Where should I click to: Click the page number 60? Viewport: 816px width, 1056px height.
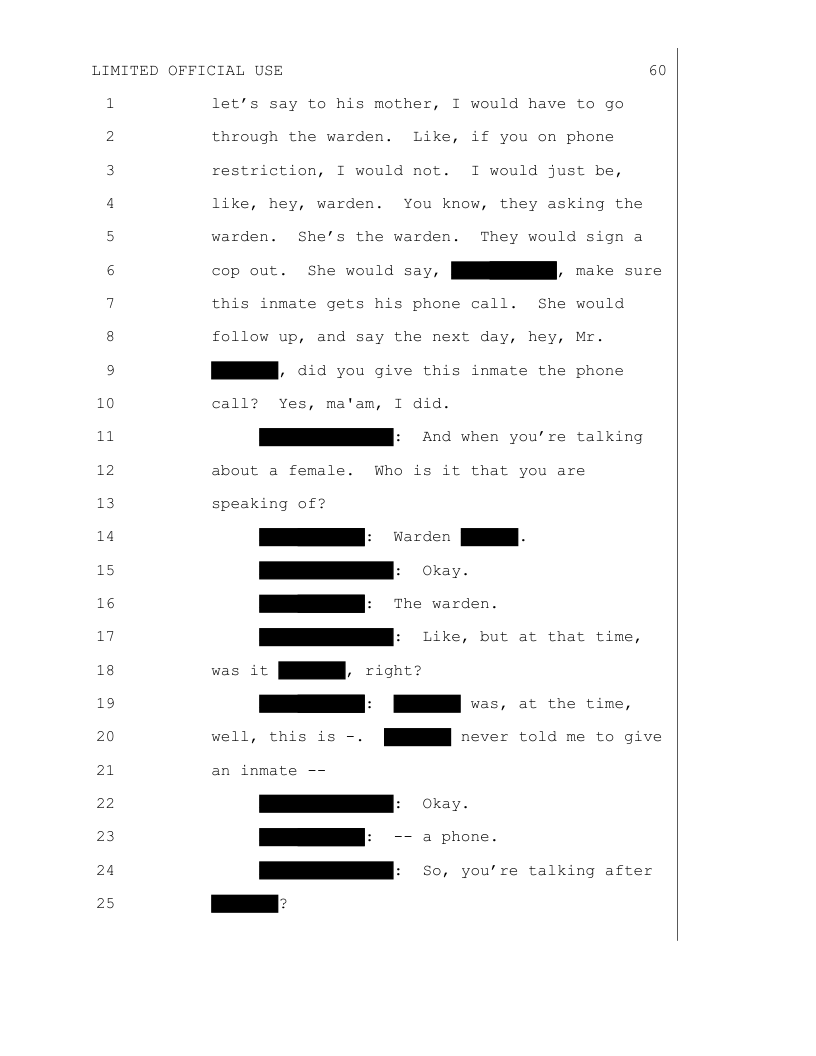(x=657, y=70)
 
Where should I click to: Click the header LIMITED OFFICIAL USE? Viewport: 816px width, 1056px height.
(x=187, y=70)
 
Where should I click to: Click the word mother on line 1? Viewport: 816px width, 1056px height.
(x=380, y=104)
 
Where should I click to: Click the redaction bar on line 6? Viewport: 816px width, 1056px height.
(x=504, y=270)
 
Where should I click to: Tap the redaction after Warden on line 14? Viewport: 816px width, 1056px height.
(x=489, y=537)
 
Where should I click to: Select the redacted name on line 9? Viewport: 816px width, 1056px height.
(x=244, y=371)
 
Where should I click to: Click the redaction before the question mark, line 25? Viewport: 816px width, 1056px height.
(x=244, y=904)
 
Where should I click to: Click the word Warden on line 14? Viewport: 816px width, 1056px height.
(x=422, y=537)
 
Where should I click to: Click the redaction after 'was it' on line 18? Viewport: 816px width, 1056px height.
(x=312, y=670)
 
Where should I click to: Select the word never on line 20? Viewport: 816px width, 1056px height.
(x=484, y=737)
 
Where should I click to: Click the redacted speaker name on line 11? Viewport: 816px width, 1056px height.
(x=326, y=437)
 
